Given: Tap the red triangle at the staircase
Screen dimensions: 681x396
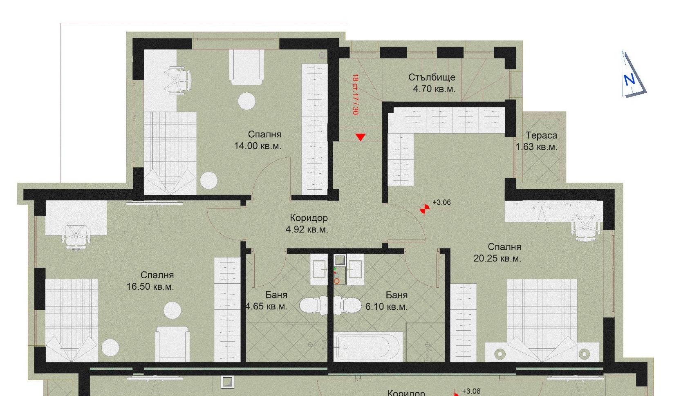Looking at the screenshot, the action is click(361, 137).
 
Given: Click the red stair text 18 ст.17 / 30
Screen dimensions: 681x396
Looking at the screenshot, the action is click(355, 94).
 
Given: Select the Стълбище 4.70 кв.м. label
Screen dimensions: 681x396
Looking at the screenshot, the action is click(432, 83).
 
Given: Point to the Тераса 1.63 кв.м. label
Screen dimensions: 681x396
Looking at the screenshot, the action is click(537, 141).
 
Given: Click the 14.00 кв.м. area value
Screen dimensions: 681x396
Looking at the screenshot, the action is click(258, 146).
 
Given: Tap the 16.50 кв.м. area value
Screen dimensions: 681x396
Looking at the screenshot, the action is click(150, 286).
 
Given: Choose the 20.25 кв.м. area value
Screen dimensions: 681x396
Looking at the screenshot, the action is click(497, 258).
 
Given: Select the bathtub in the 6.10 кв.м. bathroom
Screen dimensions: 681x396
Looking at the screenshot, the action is click(367, 347).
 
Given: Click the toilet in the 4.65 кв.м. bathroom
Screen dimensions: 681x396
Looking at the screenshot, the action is click(314, 305).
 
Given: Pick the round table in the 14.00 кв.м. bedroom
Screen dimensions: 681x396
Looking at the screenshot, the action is click(246, 101).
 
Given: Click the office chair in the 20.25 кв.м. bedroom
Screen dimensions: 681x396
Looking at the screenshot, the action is click(586, 227).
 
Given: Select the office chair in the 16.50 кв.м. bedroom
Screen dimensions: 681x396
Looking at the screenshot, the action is click(76, 236).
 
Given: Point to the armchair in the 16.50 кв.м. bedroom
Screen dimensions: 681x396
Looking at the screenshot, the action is click(172, 345).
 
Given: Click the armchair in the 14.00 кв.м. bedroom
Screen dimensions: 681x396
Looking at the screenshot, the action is click(246, 67).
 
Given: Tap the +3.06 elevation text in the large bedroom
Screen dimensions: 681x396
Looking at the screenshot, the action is click(442, 202).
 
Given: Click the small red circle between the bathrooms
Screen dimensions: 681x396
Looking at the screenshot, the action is click(336, 281).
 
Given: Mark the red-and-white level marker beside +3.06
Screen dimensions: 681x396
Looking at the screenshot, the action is click(425, 209).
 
